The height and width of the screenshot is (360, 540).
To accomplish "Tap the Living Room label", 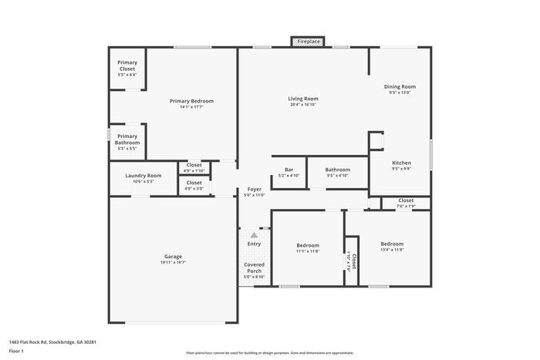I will coord(303,99).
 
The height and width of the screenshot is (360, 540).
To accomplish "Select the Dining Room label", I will coord(400,87).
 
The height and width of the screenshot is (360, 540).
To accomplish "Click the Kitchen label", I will coord(401,163).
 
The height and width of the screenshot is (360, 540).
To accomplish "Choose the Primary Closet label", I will coord(127,66).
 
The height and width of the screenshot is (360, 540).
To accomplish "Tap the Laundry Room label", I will coord(143,176).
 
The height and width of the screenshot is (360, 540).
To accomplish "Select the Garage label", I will coord(173,257).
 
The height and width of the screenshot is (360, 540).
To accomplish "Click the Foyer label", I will coord(254,189).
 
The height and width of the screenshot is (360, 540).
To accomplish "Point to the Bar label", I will coord(289,170).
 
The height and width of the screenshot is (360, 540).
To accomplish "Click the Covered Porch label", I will coord(254,267).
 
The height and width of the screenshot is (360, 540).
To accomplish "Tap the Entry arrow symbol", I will coord(254,233).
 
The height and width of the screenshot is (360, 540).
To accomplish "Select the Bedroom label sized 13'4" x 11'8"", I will coord(392,244).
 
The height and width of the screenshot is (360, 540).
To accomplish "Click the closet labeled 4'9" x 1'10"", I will coord(194,167).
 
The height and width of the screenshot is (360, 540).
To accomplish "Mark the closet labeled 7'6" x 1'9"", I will coord(406,203).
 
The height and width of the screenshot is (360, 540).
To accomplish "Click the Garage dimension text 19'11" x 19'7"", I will coord(173,263).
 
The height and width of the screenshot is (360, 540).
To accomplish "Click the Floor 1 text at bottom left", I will coord(16,351).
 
